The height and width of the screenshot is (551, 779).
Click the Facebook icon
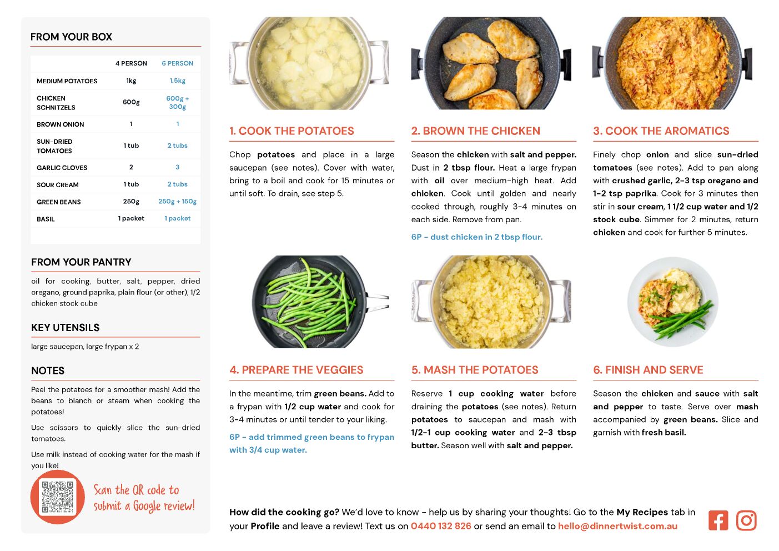pyautogui.click(x=718, y=520)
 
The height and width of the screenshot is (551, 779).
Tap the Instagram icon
pyautogui.click(x=746, y=520)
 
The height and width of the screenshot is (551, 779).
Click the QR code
pyautogui.click(x=58, y=497)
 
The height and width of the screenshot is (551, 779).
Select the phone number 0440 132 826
pyautogui.click(x=441, y=526)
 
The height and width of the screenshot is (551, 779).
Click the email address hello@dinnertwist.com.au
pyautogui.click(x=617, y=526)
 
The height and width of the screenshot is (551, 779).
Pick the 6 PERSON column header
pyautogui.click(x=177, y=63)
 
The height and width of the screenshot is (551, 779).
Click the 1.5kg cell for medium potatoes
pyautogui.click(x=177, y=81)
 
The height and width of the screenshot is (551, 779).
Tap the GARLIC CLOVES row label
pyautogui.click(x=62, y=168)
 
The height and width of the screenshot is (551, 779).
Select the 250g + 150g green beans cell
pyautogui.click(x=177, y=202)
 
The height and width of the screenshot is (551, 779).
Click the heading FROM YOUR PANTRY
pyautogui.click(x=81, y=262)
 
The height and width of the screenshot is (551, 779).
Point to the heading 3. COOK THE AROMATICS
pyautogui.click(x=661, y=131)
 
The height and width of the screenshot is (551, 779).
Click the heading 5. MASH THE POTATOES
pyautogui.click(x=475, y=370)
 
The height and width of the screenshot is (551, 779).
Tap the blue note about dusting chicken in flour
pyautogui.click(x=477, y=237)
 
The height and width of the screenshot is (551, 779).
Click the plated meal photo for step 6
pyautogui.click(x=673, y=302)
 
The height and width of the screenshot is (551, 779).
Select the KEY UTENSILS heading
pyautogui.click(x=66, y=327)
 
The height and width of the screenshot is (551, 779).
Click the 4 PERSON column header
pyautogui.click(x=131, y=63)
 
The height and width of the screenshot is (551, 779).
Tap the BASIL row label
pyautogui.click(x=46, y=219)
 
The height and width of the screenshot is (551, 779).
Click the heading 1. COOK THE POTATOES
pyautogui.click(x=292, y=131)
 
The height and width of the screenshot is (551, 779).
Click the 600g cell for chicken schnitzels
pyautogui.click(x=131, y=102)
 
